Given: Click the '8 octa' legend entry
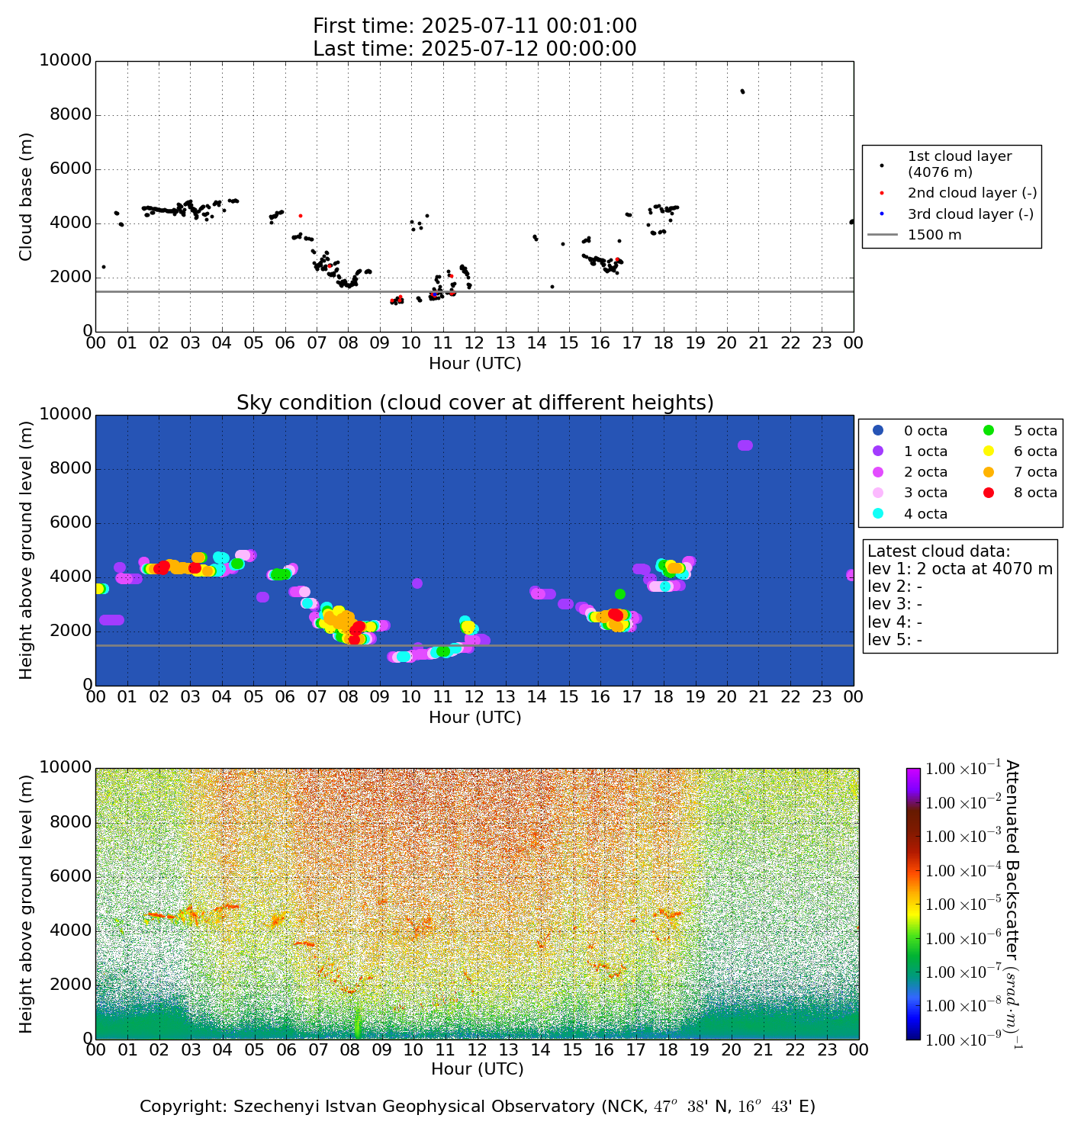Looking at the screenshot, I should (x=1035, y=493).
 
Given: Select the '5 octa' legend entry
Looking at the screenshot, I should (x=1035, y=431).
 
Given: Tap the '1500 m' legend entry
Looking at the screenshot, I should (x=934, y=235).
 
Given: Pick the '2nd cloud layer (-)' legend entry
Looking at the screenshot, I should (x=972, y=194).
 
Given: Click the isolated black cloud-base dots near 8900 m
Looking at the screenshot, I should (x=742, y=92).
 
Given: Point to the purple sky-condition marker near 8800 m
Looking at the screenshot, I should (x=745, y=445).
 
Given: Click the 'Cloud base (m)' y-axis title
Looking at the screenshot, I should (x=27, y=196).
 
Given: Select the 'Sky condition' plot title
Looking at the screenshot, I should (x=474, y=403).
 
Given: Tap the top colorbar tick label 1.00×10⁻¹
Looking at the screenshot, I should (x=963, y=769).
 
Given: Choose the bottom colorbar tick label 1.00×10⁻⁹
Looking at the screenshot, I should (x=963, y=1039).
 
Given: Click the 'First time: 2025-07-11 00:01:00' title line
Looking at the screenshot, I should (x=474, y=27).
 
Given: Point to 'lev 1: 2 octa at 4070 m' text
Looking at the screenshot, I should (x=960, y=569).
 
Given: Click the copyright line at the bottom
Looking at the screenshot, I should (x=478, y=1107).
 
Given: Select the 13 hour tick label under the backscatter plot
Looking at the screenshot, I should (x=509, y=1049).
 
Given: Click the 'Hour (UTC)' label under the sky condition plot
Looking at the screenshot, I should (x=474, y=718).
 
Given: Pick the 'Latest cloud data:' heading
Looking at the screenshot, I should (x=938, y=551).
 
